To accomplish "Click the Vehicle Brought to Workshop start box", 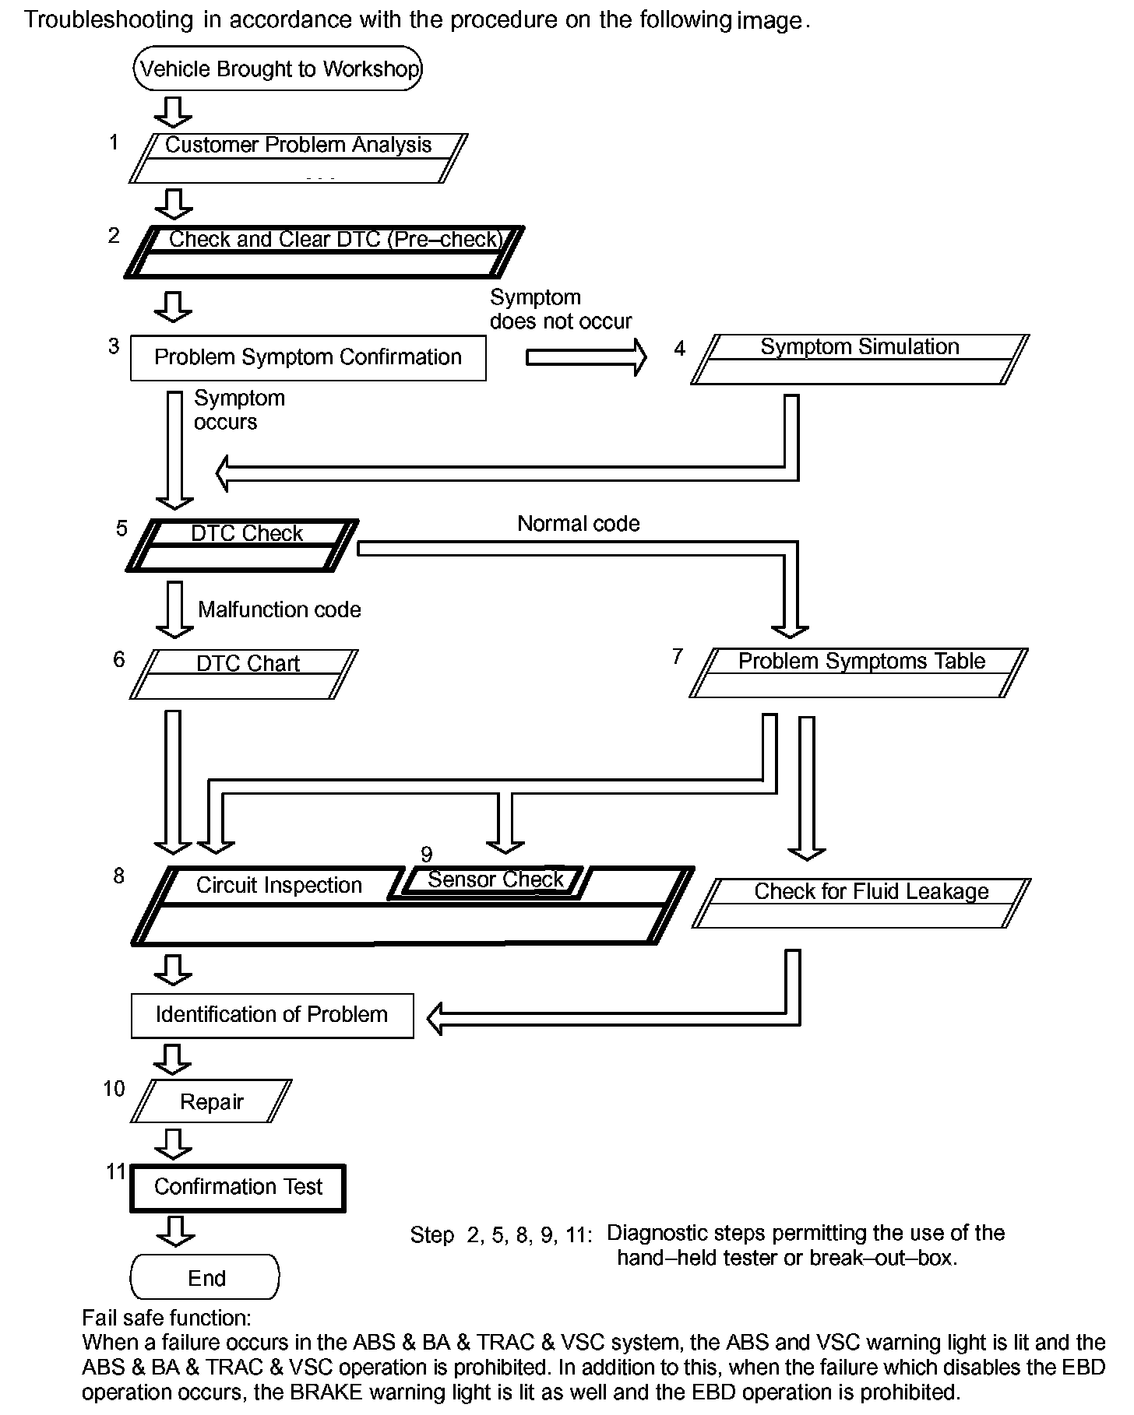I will pyautogui.click(x=278, y=68).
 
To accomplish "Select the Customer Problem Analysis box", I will pyautogui.click(x=298, y=158).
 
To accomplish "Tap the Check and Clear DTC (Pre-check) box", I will pyautogui.click(x=325, y=251).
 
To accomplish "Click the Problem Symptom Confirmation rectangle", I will pyautogui.click(x=308, y=357).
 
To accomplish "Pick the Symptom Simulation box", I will pyautogui.click(x=860, y=359).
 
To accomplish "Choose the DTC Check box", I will pyautogui.click(x=242, y=545).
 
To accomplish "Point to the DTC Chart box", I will pyautogui.click(x=244, y=674).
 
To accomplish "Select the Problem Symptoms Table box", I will pyautogui.click(x=859, y=672).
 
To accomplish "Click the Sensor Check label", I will pyautogui.click(x=495, y=880).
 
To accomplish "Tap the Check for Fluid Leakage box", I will pyautogui.click(x=861, y=903).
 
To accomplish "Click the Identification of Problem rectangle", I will pyautogui.click(x=272, y=1015).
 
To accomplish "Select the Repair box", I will pyautogui.click(x=211, y=1101).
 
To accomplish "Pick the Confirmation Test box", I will pyautogui.click(x=238, y=1187).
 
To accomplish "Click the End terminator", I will pyautogui.click(x=205, y=1277).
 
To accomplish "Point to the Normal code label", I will pyautogui.click(x=578, y=524).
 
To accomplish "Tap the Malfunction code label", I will pyautogui.click(x=279, y=609).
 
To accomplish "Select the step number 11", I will pyautogui.click(x=116, y=1171).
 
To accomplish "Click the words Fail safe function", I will pyautogui.click(x=167, y=1318).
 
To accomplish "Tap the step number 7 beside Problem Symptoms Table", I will pyautogui.click(x=678, y=657).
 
